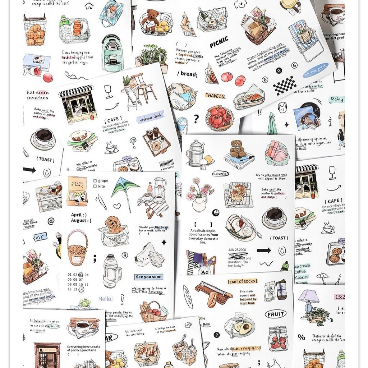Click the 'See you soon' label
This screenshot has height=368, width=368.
point(149,277)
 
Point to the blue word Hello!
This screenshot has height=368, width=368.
point(106,299)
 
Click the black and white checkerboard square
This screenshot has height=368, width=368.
point(285,86)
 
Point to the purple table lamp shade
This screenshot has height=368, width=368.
point(308,296)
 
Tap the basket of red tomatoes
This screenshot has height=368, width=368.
point(219,118)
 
